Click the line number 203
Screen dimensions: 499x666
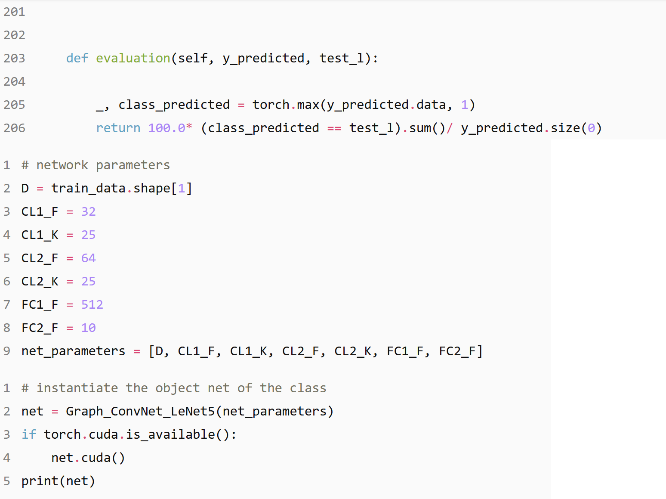point(14,58)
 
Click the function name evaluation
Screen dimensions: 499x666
point(133,58)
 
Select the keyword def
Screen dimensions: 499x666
point(77,58)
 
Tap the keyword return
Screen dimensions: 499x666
point(118,128)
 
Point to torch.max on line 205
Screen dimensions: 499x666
point(286,105)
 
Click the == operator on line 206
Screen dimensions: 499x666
point(334,128)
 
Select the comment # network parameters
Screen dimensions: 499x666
point(96,165)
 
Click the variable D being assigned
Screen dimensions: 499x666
point(25,188)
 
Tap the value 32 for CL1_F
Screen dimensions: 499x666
point(88,211)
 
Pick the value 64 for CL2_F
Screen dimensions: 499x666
point(88,258)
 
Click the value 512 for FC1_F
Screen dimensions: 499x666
point(92,304)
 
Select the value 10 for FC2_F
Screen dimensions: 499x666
point(88,328)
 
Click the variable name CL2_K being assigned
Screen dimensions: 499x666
point(40,281)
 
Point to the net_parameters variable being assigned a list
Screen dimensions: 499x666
point(73,351)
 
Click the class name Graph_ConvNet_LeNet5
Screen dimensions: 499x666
point(140,411)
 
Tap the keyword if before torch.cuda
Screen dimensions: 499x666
point(29,434)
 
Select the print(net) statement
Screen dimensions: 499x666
point(58,481)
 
